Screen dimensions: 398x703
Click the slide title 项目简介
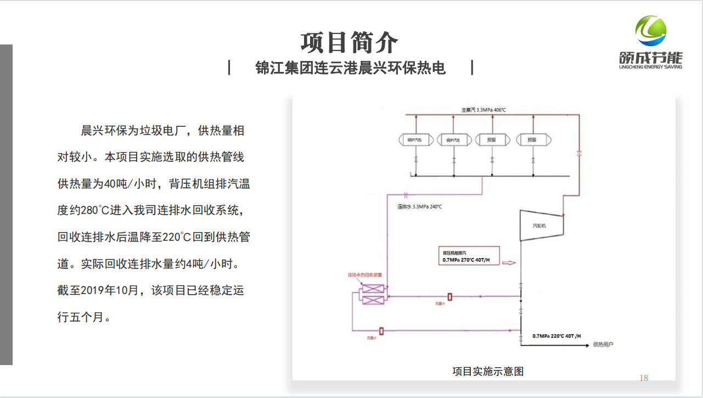pos(350,42)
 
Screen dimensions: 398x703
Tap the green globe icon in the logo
pos(651,31)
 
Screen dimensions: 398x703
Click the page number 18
pos(644,378)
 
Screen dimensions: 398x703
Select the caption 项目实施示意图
pos(488,372)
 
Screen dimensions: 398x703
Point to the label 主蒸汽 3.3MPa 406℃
pos(483,110)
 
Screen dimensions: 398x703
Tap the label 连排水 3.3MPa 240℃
pos(419,207)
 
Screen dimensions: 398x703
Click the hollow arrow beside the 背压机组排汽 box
pos(509,263)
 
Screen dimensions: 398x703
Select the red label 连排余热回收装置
pos(364,274)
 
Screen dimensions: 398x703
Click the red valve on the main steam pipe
pos(578,153)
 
